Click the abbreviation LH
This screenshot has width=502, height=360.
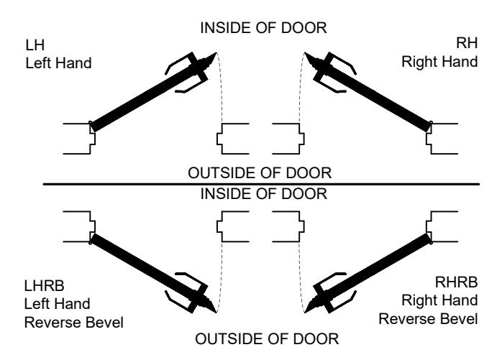click(x=35, y=45)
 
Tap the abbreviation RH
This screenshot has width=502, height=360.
click(x=467, y=43)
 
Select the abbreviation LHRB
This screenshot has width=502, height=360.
click(x=44, y=285)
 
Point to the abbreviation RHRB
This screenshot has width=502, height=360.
click(x=456, y=282)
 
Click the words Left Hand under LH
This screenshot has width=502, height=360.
click(x=58, y=63)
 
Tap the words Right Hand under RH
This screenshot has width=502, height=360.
click(x=439, y=62)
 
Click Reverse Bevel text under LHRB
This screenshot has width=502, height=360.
click(x=74, y=322)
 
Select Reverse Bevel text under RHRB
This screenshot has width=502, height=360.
click(x=428, y=319)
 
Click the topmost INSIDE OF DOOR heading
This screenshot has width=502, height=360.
click(x=263, y=28)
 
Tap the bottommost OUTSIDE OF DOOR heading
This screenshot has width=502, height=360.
click(x=267, y=339)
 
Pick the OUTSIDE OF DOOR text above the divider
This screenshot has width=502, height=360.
click(x=260, y=172)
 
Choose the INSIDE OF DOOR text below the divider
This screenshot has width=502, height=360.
click(x=264, y=194)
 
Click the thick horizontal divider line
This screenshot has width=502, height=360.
click(x=261, y=185)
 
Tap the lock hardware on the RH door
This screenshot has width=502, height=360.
click(x=329, y=71)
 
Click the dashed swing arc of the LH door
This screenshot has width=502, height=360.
click(x=221, y=86)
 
